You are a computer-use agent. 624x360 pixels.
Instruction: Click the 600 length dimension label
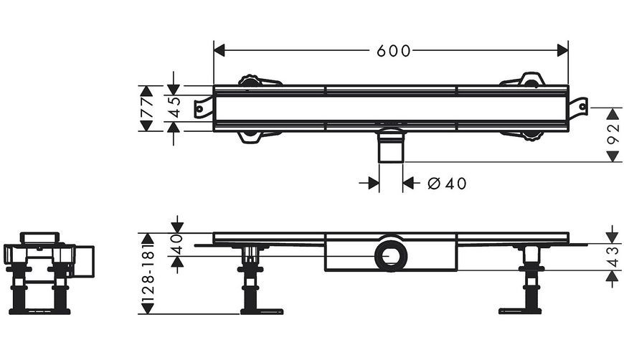click(393, 51)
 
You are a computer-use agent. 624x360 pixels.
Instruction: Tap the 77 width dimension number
click(147, 108)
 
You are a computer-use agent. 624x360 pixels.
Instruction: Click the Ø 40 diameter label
click(447, 184)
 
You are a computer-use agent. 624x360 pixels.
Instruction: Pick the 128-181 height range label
click(148, 273)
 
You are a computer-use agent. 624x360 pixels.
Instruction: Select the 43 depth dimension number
click(613, 257)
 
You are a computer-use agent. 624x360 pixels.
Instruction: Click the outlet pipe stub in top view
click(391, 146)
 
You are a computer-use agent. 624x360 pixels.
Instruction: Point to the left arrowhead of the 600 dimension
click(219, 50)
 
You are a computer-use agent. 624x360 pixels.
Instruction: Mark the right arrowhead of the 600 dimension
click(562, 50)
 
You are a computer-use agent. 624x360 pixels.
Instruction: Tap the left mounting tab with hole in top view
click(204, 108)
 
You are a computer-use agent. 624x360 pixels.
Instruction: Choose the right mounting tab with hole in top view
click(578, 108)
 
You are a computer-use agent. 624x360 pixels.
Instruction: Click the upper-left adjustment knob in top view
click(250, 80)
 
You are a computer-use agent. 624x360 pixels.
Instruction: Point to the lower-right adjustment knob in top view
click(531, 136)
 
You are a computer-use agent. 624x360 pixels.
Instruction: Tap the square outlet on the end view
click(84, 261)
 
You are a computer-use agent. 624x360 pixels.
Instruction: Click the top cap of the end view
click(39, 237)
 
